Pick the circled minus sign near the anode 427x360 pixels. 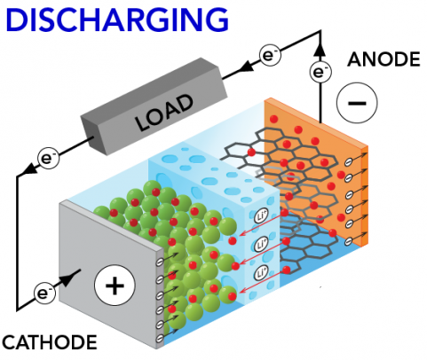click(x=356, y=105)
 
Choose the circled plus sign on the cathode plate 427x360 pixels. click(x=113, y=286)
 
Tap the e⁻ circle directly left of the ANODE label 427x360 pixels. click(x=320, y=72)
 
